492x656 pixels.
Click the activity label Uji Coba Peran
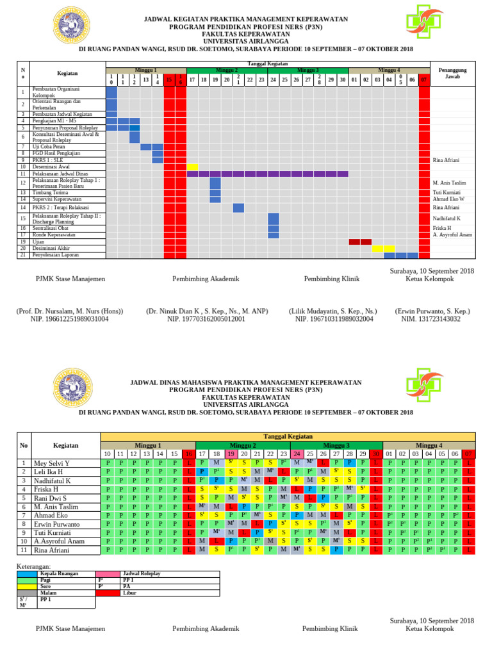pyautogui.click(x=50, y=147)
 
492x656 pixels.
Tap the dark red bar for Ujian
pyautogui.click(x=359, y=242)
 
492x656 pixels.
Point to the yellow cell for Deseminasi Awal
pyautogui.click(x=192, y=167)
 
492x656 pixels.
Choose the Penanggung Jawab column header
pyautogui.click(x=452, y=72)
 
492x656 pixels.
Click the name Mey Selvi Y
pyautogui.click(x=53, y=463)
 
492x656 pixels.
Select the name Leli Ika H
pyautogui.click(x=49, y=471)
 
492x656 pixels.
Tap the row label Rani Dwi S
pyautogui.click(x=51, y=498)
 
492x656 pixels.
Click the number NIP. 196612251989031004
pyautogui.click(x=70, y=318)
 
